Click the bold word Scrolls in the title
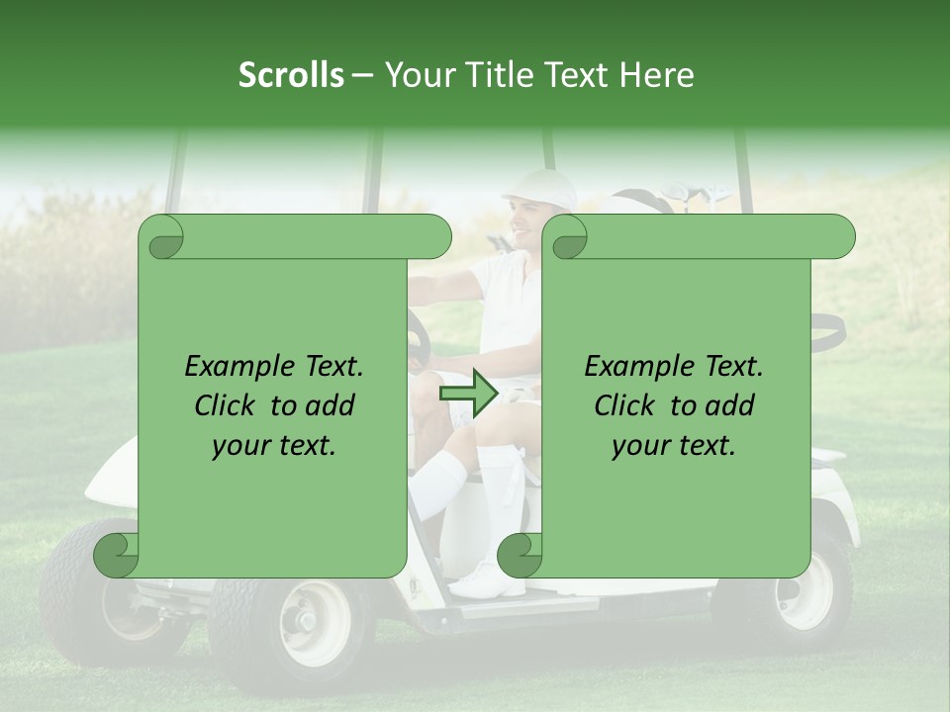[x=291, y=75]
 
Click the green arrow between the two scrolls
[x=468, y=393]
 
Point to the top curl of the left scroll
[x=160, y=237]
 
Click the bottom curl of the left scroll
[x=117, y=556]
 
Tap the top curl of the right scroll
[x=567, y=237]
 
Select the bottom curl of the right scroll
[x=520, y=556]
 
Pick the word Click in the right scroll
[x=624, y=405]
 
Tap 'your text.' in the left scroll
[x=274, y=446]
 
